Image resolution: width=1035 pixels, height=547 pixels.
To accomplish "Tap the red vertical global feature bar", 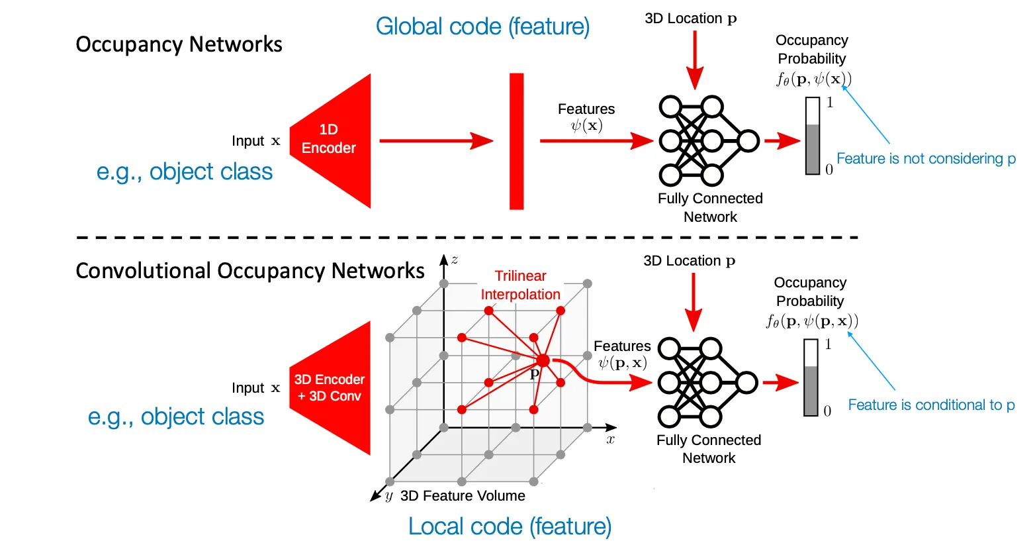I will click(516, 141).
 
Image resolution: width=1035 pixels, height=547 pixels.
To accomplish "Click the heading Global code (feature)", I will click(482, 26).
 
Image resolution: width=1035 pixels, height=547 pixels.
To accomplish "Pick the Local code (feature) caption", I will click(510, 526).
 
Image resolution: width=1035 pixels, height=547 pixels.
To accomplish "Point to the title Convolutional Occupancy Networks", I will click(249, 271).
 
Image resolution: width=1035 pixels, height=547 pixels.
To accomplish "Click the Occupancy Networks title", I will click(179, 44).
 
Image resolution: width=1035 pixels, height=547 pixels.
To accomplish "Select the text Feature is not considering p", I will click(925, 159).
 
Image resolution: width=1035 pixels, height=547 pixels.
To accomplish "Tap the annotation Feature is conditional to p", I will click(931, 405).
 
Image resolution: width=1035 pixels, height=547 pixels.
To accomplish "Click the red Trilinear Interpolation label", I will click(520, 285).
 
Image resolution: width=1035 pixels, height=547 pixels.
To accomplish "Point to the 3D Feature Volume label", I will click(463, 496).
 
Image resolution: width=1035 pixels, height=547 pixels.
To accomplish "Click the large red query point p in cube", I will click(543, 360).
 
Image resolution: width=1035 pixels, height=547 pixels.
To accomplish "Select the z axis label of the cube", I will click(455, 260).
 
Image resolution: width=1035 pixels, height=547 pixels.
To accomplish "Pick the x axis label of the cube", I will click(610, 439).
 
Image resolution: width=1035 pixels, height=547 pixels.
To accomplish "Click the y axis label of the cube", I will click(388, 496).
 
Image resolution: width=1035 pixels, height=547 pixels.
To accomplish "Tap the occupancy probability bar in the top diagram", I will click(813, 136).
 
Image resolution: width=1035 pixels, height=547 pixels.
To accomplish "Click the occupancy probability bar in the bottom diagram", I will click(811, 378).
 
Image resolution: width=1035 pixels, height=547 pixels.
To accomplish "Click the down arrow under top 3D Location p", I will click(694, 60).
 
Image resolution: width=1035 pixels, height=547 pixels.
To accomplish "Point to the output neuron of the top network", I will click(748, 141).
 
